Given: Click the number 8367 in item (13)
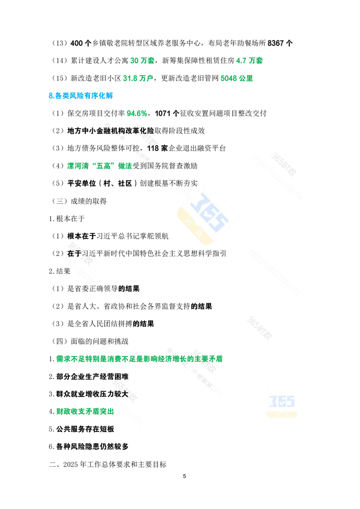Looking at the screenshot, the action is coord(276,43).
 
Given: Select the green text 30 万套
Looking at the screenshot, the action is coord(142,61).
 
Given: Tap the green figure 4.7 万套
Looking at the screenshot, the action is coord(249,61).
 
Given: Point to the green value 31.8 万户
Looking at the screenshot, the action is coord(138,78).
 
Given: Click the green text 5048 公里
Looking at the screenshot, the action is coord(237,78).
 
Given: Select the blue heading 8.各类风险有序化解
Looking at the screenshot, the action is coord(81,96).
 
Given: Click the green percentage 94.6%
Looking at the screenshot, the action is coord(137,113).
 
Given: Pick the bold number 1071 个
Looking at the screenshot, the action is coord(167,113).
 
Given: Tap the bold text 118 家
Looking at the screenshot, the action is coord(157,148).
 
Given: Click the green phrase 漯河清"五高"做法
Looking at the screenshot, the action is coord(99,166).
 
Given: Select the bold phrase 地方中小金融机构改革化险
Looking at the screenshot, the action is coord(110,131).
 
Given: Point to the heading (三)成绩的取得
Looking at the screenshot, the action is coord(79,201).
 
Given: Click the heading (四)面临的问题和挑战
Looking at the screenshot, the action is coord(90,341).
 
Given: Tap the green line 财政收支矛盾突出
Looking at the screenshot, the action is coord(85,411).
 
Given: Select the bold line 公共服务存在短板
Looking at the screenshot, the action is coord(85,429).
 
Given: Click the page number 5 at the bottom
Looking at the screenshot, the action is coord(184,476).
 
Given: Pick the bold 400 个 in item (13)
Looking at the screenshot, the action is coord(81,43).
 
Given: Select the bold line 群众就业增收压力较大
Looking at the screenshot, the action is coord(92,394).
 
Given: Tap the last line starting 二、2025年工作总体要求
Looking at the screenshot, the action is coord(108,464).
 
